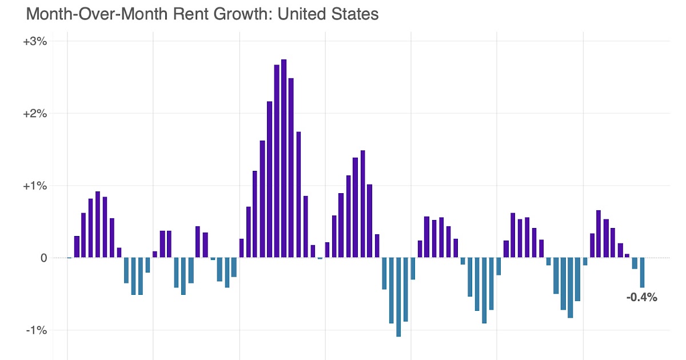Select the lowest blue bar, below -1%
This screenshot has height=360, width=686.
tap(398, 297)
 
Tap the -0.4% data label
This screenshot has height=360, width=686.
tap(641, 297)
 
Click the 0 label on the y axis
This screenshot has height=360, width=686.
tap(43, 258)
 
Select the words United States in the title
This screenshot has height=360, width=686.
tap(328, 14)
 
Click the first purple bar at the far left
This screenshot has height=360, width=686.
tap(77, 247)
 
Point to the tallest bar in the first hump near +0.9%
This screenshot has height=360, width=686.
tap(98, 225)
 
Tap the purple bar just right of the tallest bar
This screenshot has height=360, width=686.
tap(291, 168)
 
